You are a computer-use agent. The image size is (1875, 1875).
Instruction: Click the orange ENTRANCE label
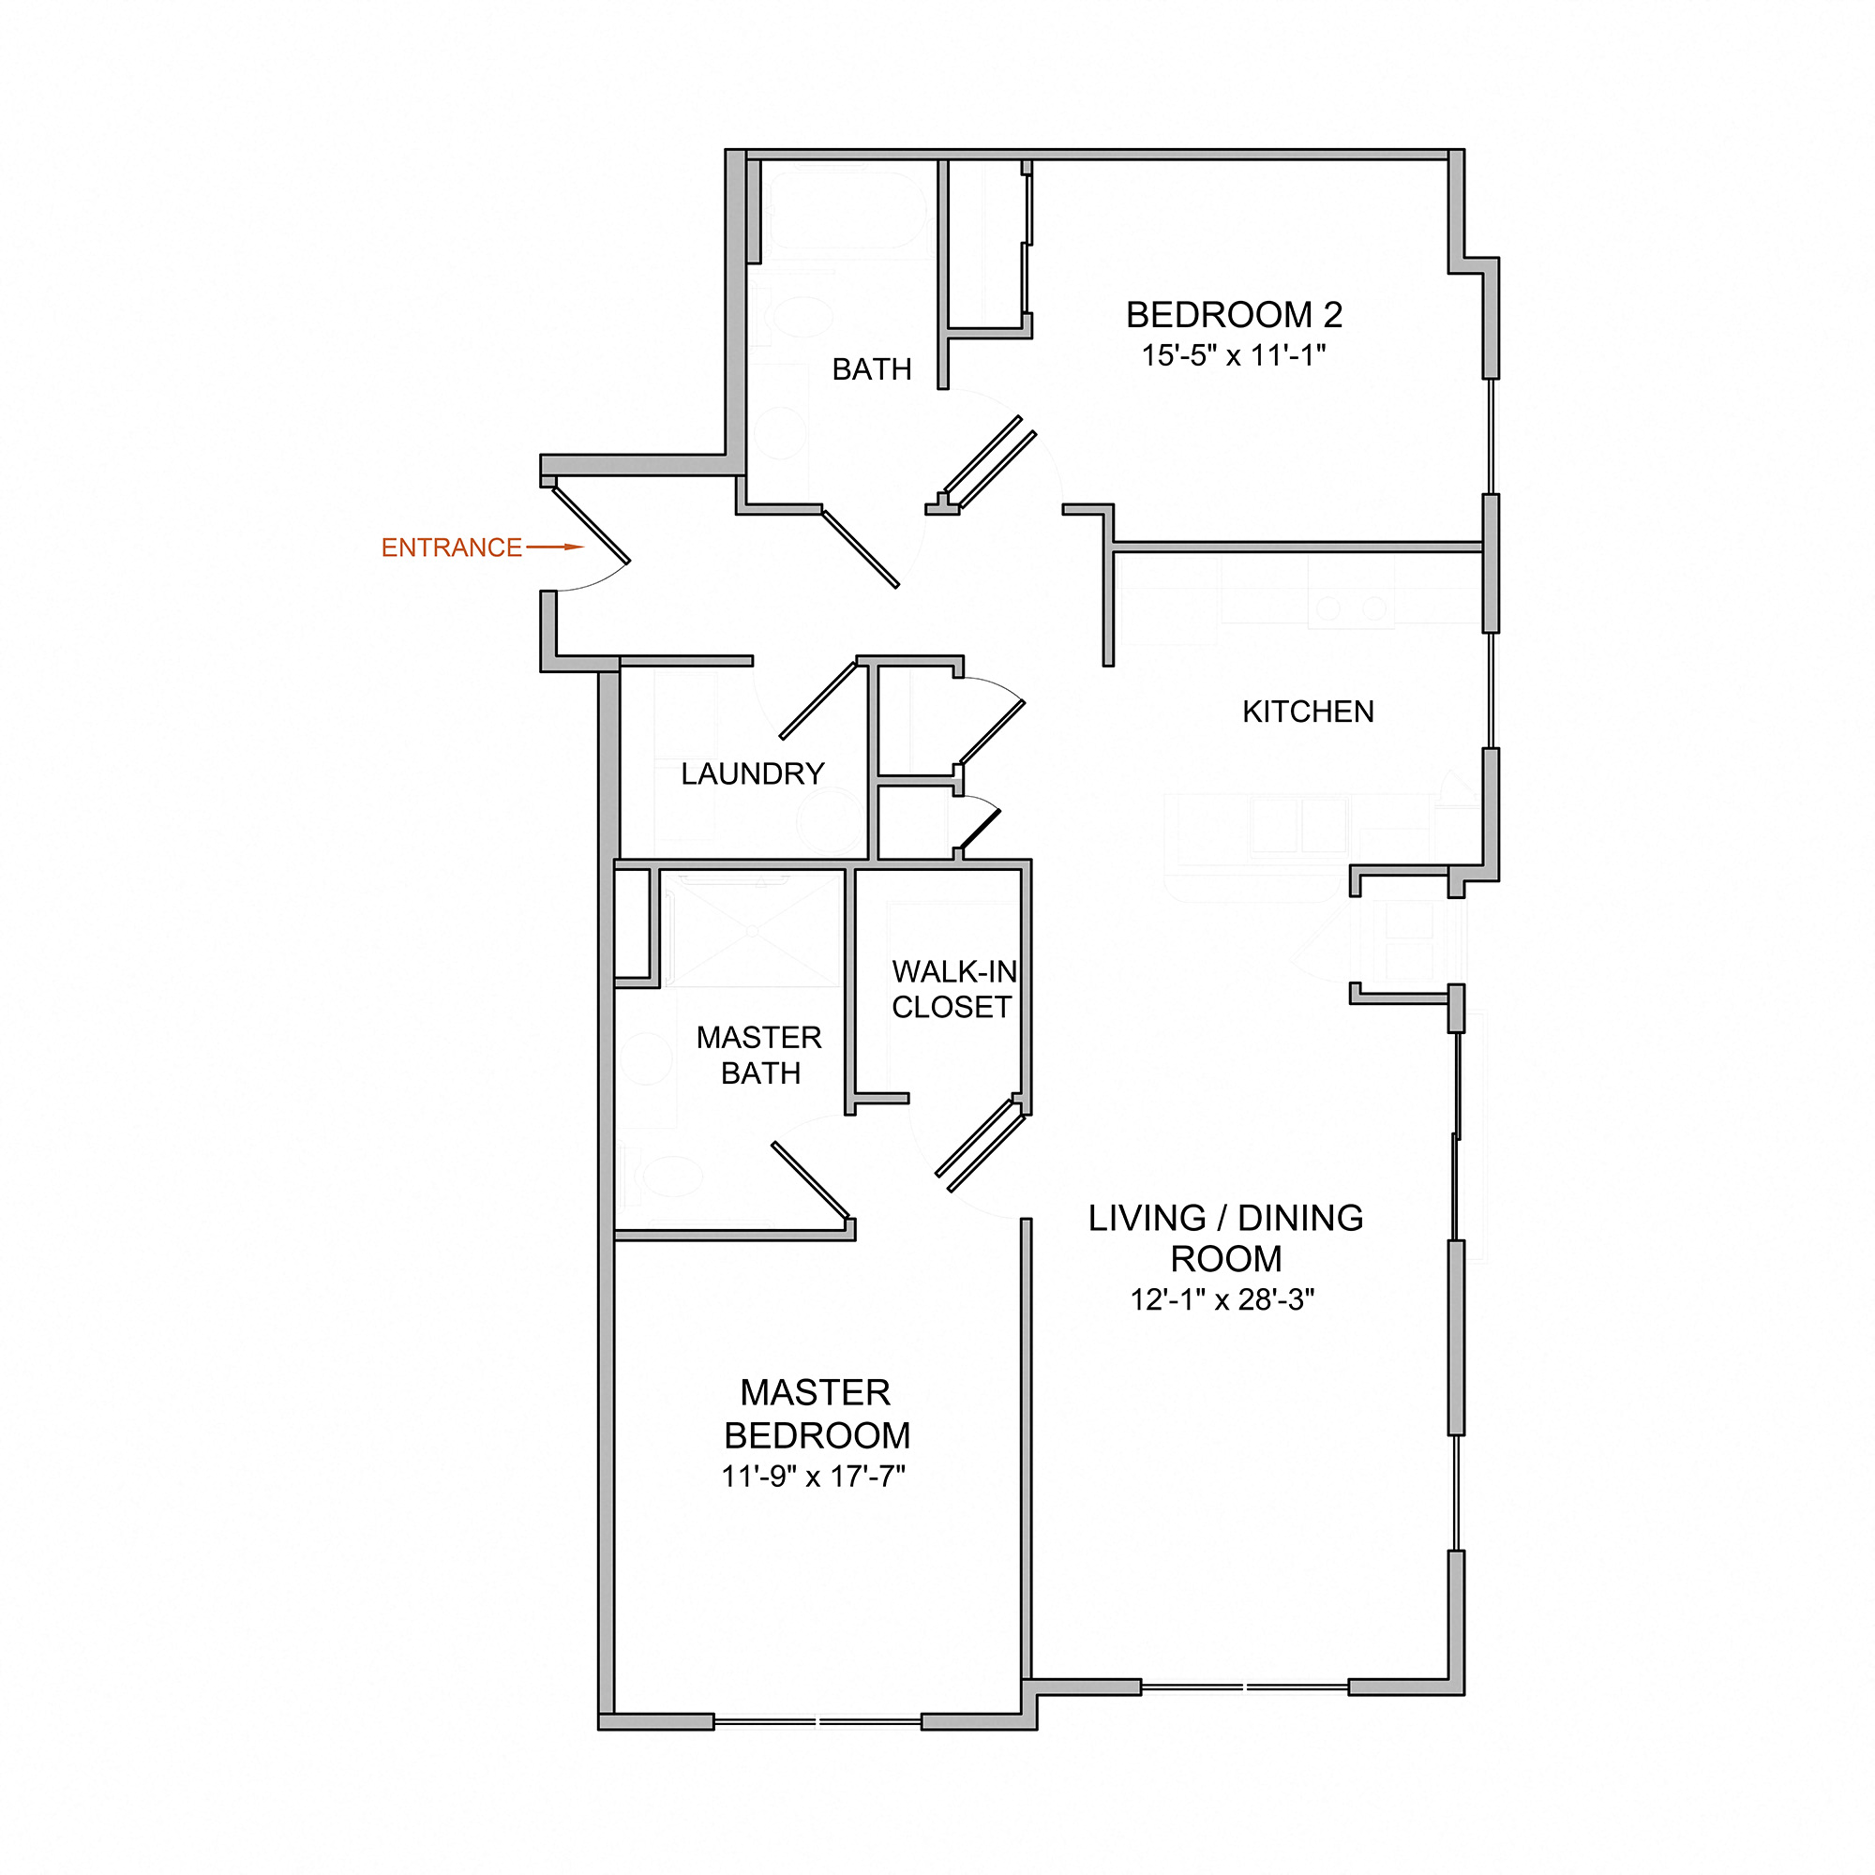click(451, 548)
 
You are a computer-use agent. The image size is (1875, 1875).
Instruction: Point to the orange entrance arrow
click(555, 547)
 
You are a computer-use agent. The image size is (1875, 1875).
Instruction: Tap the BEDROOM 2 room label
click(1234, 314)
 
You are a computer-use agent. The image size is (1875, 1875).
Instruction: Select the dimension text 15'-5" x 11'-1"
click(1234, 356)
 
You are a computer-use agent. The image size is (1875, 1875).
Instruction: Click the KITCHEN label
click(1307, 712)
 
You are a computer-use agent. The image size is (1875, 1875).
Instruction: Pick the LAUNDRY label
click(752, 773)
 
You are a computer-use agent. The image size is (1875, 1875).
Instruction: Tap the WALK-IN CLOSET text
click(953, 989)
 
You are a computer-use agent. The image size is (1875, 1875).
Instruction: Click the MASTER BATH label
click(759, 1055)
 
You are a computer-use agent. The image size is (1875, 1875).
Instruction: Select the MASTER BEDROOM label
click(817, 1414)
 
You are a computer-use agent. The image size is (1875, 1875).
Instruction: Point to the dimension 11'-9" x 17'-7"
click(813, 1477)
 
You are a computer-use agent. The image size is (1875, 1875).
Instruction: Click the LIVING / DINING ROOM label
click(1225, 1237)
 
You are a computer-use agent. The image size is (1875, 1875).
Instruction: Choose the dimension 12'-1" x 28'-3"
click(1222, 1299)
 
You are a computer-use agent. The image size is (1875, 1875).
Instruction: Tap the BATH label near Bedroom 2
click(872, 369)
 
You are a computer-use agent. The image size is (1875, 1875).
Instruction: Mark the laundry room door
click(818, 699)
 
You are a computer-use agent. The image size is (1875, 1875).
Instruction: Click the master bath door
click(810, 1180)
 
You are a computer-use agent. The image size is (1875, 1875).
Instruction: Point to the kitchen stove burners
click(1351, 608)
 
